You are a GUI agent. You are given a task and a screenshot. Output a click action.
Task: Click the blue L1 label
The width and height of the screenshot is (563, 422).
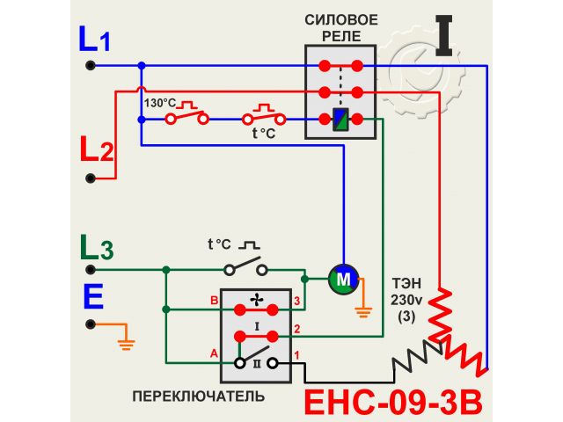coord(94,39)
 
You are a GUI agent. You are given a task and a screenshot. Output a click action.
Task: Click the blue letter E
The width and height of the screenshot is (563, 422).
coord(93,296)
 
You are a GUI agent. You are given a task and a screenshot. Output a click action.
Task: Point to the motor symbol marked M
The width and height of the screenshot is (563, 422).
coord(341,280)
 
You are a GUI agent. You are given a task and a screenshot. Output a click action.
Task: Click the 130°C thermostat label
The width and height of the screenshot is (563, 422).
coord(159,102)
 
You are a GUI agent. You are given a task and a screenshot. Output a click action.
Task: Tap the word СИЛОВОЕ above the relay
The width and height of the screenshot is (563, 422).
coord(341,19)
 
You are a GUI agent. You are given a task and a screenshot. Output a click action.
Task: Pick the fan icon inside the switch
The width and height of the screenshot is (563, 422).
coord(256,301)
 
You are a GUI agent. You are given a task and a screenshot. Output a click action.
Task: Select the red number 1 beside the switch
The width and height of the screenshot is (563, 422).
coord(297,355)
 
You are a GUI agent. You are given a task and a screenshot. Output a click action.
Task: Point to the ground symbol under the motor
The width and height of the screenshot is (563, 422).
coord(361,309)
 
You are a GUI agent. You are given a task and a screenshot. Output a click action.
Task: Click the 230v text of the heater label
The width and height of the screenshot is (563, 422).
coord(406,300)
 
